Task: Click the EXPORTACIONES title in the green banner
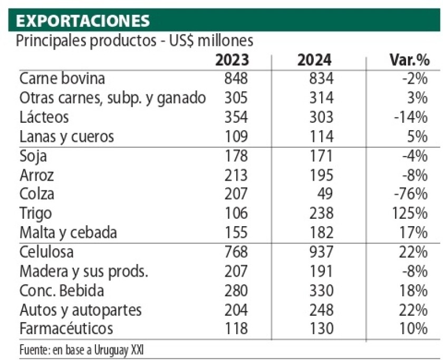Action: point(83,21)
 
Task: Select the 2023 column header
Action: point(232,60)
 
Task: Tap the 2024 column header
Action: point(314,60)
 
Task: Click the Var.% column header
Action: point(406,60)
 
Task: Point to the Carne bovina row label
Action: point(62,79)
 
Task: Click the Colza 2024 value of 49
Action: point(324,194)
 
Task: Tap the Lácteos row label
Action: point(44,117)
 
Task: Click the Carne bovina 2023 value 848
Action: point(235,79)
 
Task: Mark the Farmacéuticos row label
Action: point(66,328)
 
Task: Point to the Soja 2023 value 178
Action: point(235,155)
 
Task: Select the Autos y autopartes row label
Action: point(80,309)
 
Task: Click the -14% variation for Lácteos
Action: point(410,117)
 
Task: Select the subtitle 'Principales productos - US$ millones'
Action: point(134,41)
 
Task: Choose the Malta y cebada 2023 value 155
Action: point(235,232)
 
